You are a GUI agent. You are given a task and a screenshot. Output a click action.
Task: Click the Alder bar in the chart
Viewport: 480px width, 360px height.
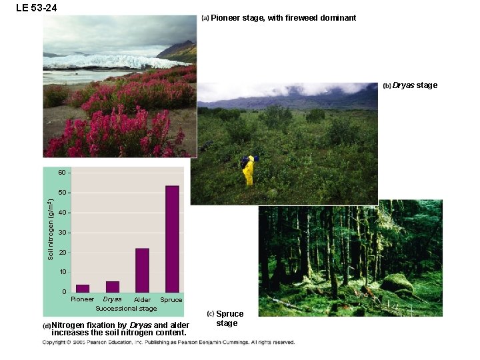142,270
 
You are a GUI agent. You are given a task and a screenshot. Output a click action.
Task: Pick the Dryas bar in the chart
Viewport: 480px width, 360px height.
113,287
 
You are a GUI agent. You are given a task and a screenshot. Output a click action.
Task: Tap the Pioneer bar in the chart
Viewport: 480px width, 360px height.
83,288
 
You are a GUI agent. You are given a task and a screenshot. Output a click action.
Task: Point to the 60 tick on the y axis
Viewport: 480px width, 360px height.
61,173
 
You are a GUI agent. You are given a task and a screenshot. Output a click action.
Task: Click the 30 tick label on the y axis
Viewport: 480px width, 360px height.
61,233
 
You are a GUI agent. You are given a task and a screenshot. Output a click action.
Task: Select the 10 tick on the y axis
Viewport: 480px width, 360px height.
61,272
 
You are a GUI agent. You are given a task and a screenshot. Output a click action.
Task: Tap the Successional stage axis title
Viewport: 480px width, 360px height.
126,309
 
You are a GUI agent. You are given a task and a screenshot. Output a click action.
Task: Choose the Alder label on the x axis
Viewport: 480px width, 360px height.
142,300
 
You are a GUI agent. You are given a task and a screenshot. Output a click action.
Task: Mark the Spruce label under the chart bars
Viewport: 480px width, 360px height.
171,300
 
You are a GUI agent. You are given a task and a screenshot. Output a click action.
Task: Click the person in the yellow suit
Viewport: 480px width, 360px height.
248,171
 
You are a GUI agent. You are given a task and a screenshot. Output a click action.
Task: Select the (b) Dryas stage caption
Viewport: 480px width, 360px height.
411,85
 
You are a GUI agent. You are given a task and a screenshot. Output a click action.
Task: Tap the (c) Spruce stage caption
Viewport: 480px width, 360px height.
227,318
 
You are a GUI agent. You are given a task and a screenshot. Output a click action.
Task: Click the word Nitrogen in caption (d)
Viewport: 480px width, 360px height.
69,325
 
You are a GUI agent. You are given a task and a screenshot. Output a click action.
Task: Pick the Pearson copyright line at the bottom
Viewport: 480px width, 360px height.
169,342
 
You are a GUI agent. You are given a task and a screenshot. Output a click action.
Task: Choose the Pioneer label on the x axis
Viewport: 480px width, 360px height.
83,299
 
